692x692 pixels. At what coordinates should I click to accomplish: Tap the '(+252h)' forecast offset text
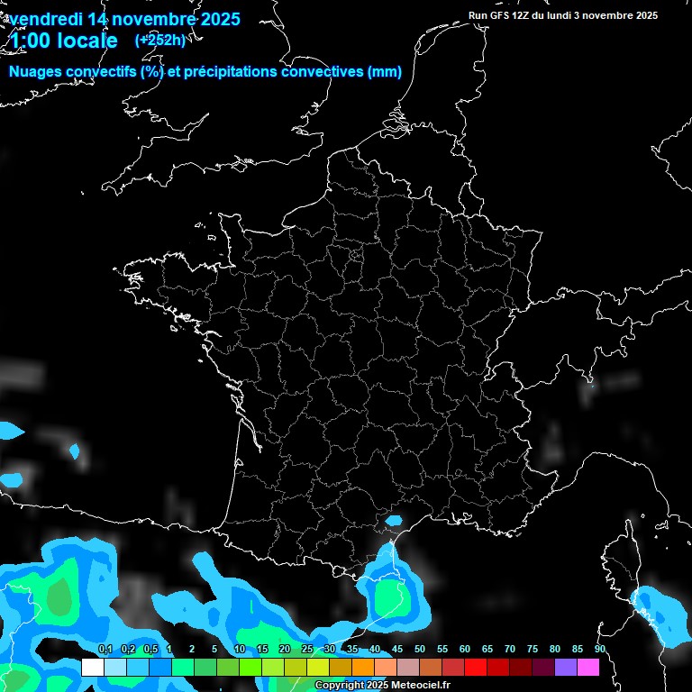[x=160, y=40]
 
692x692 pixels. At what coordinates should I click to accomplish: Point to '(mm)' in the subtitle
[x=385, y=72]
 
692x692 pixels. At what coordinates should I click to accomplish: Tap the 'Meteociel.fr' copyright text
[x=418, y=686]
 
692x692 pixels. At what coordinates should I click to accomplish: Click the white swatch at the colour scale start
[x=92, y=668]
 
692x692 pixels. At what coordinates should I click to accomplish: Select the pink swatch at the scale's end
[x=588, y=668]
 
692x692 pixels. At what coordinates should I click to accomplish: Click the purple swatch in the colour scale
[x=566, y=668]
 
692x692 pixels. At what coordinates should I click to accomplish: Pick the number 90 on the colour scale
[x=599, y=650]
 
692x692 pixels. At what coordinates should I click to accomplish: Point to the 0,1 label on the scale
[x=105, y=650]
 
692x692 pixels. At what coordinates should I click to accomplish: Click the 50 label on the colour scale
[x=420, y=650]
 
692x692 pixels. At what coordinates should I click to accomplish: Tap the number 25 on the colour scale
[x=307, y=650]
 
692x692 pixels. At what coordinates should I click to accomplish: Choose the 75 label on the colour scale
[x=533, y=650]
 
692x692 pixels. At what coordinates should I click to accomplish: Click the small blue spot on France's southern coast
[x=394, y=520]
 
